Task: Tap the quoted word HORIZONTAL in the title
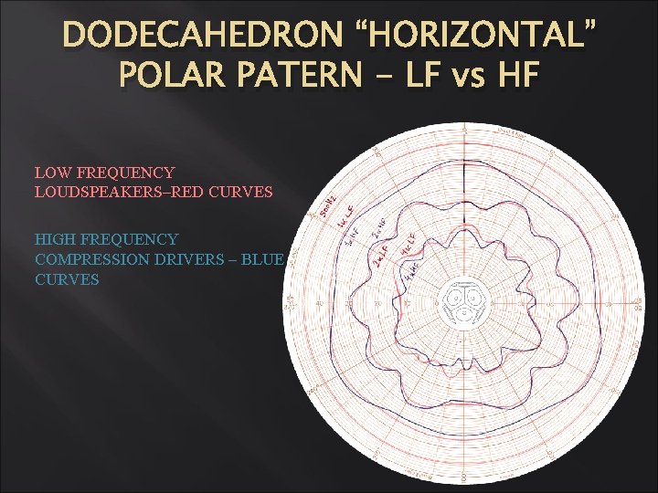pos(475,37)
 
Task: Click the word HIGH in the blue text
pos(54,239)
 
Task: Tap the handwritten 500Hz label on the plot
pos(328,208)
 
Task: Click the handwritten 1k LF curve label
pos(345,217)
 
